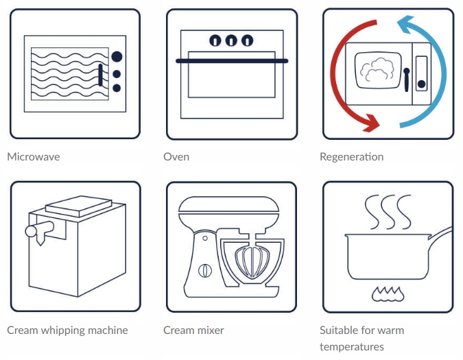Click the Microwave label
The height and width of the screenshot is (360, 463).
tap(34, 157)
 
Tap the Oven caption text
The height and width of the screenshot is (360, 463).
tap(176, 157)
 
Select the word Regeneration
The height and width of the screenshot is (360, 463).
tap(351, 157)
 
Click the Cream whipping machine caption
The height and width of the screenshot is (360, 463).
tap(67, 331)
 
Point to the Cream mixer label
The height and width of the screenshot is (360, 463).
tap(193, 331)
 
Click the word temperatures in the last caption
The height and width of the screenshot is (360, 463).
tap(351, 347)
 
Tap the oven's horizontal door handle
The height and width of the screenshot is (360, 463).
tap(232, 61)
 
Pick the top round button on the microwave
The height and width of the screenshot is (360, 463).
tap(117, 56)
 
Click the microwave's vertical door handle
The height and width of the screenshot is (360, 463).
tap(102, 74)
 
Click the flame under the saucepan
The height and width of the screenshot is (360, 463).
tap(388, 294)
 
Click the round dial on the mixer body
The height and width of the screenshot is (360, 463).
tap(204, 269)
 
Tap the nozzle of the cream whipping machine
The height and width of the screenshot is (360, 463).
tap(40, 239)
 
